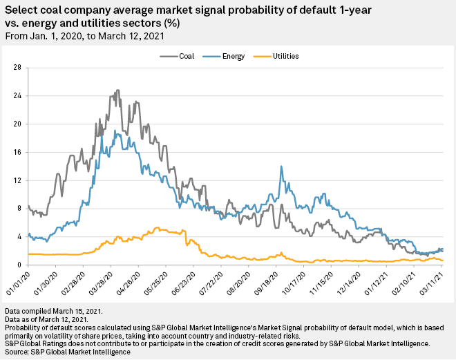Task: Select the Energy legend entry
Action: pyautogui.click(x=229, y=55)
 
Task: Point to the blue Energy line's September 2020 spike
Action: pyautogui.click(x=281, y=166)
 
